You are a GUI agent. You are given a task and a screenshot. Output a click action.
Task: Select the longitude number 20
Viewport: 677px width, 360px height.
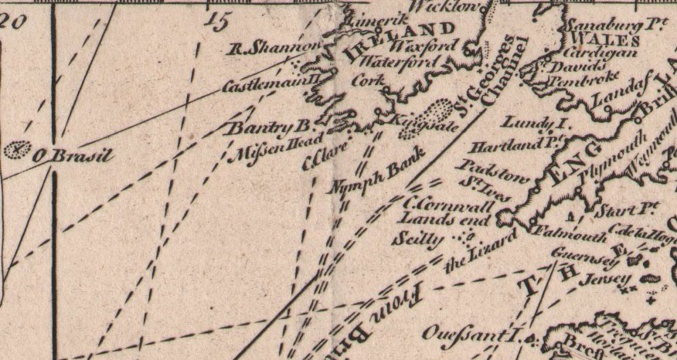(x=13, y=20)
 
